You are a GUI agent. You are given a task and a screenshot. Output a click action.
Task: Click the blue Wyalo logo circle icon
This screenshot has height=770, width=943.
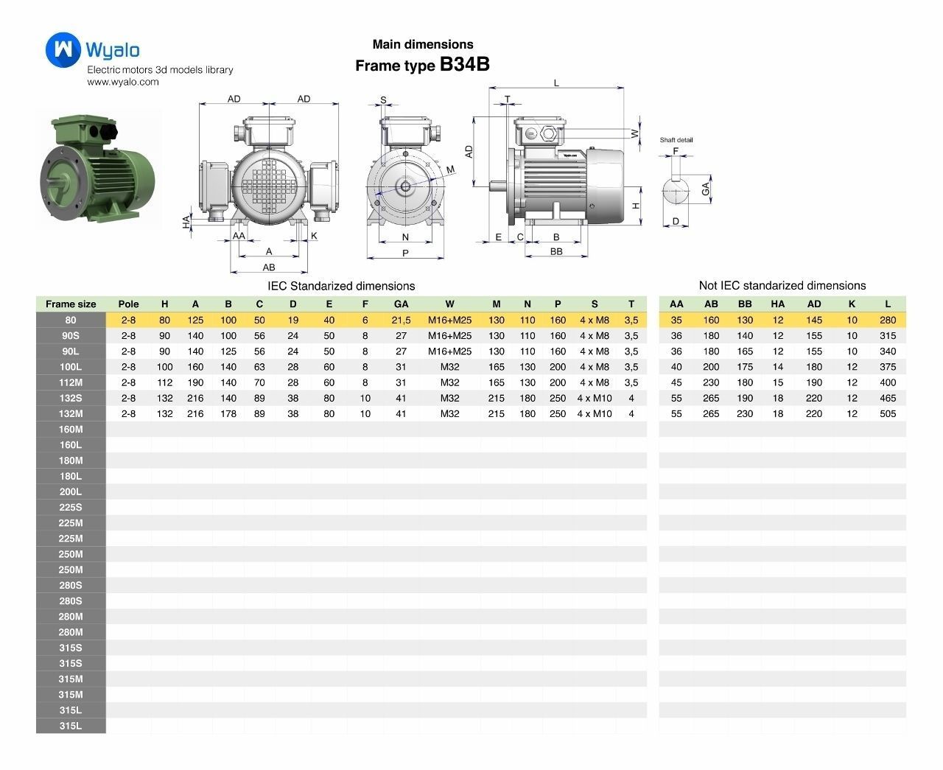[x=64, y=49]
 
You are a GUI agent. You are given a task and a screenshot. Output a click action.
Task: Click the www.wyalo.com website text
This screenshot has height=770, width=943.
[x=123, y=82]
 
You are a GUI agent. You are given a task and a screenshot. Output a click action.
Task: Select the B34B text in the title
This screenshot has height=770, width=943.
[x=464, y=64]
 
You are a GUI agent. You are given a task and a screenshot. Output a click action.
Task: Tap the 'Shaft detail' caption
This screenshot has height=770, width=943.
[x=676, y=140]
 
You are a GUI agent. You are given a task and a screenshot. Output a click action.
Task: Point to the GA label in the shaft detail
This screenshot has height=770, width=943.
[x=706, y=189]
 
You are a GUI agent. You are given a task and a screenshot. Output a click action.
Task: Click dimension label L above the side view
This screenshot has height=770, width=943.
[x=556, y=83]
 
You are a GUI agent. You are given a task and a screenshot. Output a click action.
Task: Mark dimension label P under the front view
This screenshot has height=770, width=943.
[x=405, y=253]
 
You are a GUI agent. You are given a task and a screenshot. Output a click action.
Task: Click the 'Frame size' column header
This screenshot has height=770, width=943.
[x=71, y=304]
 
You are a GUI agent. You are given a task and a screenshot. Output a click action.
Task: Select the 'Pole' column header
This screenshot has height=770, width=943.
[x=128, y=304]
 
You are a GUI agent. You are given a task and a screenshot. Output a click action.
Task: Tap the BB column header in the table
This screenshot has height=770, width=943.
[x=745, y=304]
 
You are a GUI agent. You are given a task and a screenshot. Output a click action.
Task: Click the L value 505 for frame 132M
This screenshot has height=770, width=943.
[x=888, y=413]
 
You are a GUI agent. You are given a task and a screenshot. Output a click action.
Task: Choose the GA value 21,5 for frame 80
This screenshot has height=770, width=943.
[x=401, y=320]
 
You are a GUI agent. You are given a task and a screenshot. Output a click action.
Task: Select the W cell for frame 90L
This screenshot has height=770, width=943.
[x=449, y=351]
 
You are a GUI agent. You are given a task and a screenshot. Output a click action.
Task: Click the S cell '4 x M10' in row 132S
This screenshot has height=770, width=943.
[x=595, y=398]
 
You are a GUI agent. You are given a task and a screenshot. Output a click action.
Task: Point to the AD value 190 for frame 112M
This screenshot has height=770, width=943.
[x=813, y=382]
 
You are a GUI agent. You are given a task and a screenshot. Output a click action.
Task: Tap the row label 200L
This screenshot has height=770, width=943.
[x=71, y=491]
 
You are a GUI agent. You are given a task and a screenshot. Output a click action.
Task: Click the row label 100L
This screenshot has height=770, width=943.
[x=71, y=367]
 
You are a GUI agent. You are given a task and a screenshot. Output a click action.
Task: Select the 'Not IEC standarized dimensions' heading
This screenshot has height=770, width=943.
[x=782, y=285]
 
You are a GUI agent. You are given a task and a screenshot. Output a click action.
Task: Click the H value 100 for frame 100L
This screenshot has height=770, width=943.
[x=164, y=367]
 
